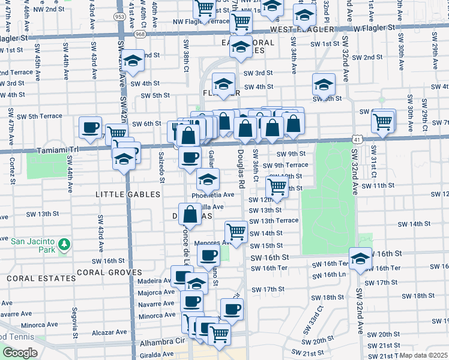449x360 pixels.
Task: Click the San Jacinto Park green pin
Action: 64,244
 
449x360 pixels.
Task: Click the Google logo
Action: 20,353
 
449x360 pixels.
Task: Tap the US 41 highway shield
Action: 356,139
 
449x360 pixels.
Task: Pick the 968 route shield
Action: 140,34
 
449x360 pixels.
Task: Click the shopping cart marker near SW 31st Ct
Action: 383,121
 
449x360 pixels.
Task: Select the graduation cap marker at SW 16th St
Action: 360,259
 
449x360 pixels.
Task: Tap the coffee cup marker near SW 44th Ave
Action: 91,127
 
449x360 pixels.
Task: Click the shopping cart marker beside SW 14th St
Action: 237,231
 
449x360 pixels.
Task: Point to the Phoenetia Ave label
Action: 213,195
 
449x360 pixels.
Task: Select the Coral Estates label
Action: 35,279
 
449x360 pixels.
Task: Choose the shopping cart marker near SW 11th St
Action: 277,186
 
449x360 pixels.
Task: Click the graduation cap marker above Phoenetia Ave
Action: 208,179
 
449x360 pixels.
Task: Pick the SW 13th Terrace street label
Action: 274,220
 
